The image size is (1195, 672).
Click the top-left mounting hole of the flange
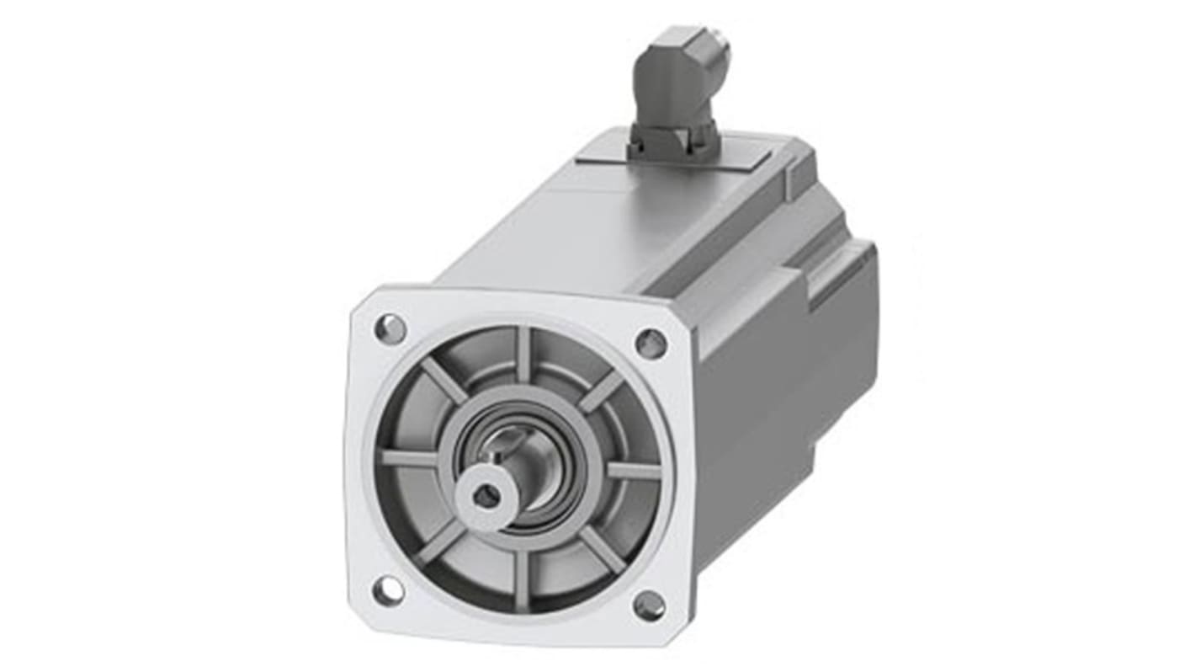point(390,328)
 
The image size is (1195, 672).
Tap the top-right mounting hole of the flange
point(651,343)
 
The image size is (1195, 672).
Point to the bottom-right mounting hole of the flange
point(649,605)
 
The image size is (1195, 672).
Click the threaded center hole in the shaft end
point(486,497)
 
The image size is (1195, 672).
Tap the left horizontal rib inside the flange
point(410,459)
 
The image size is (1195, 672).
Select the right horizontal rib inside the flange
point(633,472)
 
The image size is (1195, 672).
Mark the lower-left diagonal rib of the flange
point(441,541)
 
